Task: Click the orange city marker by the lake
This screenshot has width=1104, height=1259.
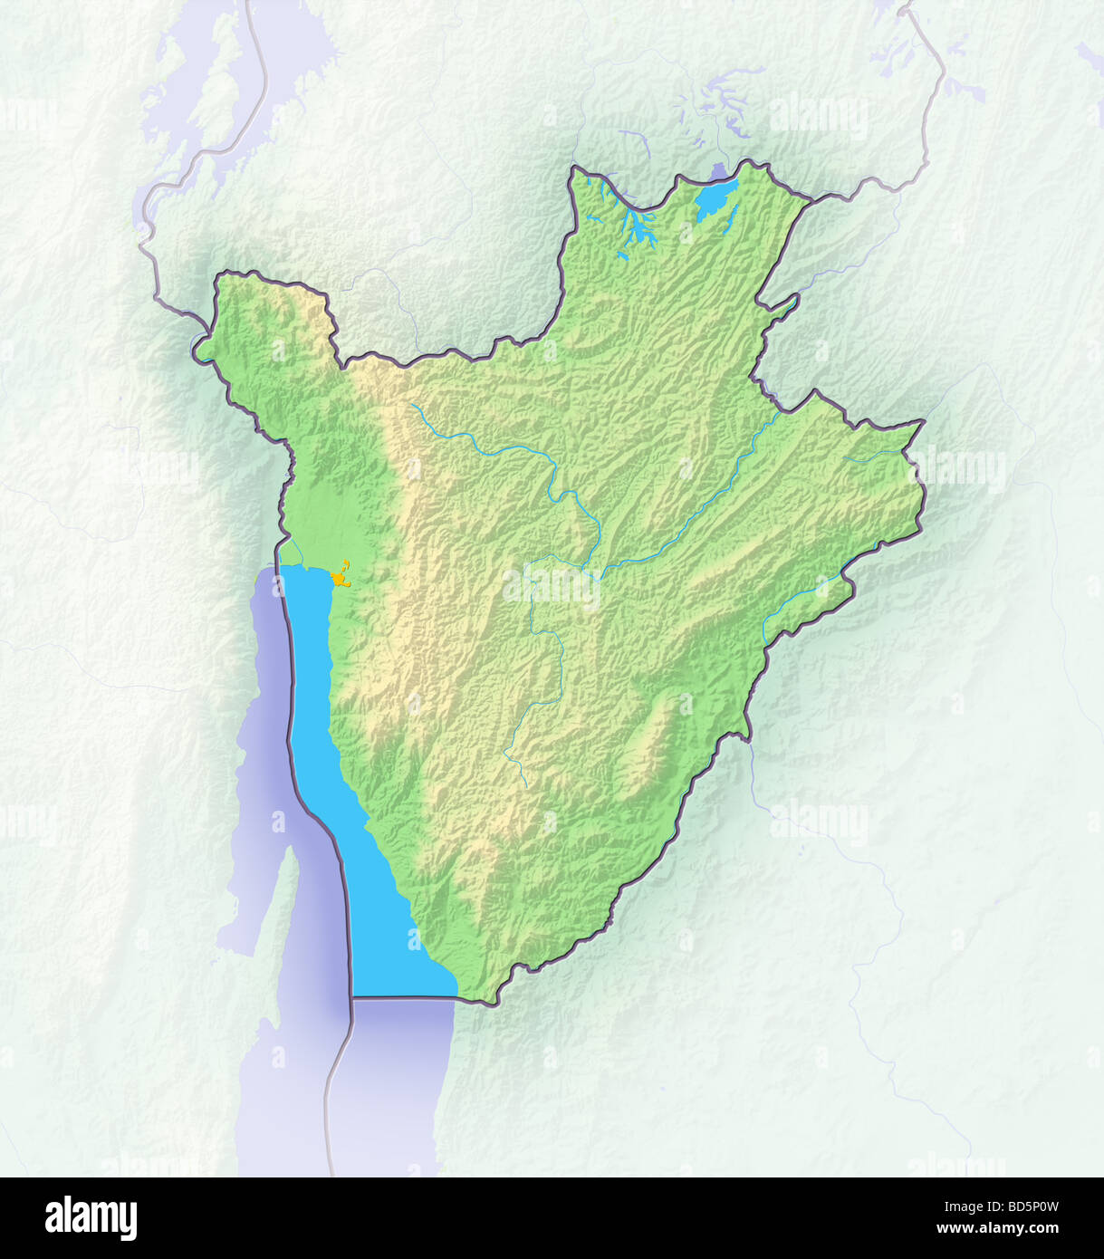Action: click(340, 576)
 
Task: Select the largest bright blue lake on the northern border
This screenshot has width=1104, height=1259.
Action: click(716, 200)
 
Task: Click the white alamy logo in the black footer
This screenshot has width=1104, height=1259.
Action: click(91, 1218)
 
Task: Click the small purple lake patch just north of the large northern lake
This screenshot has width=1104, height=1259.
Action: click(720, 170)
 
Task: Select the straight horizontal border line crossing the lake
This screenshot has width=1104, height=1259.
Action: click(403, 998)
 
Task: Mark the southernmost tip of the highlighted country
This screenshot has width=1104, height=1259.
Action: click(494, 1004)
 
